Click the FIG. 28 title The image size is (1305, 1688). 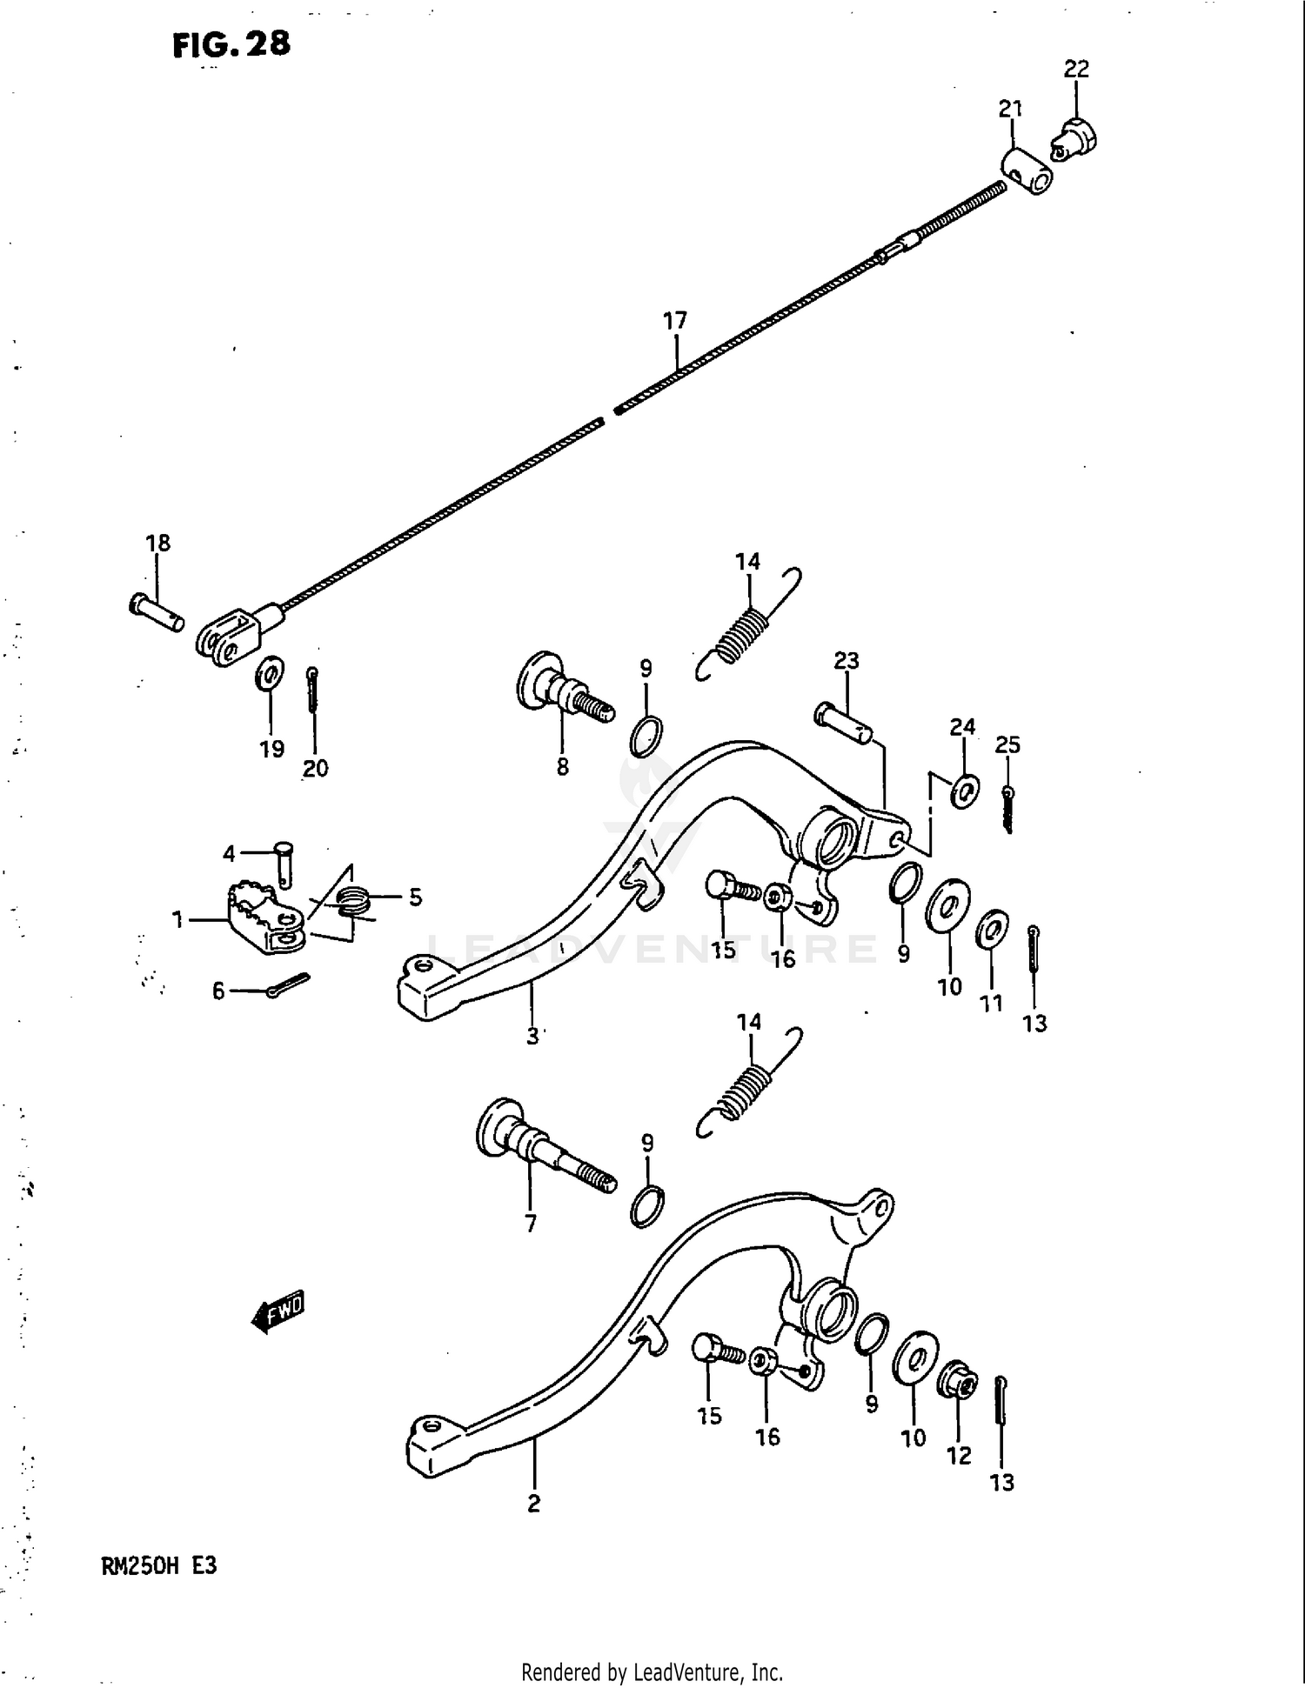[x=231, y=43]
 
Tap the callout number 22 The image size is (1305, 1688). [x=1076, y=69]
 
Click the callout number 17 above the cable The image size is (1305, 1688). [x=675, y=321]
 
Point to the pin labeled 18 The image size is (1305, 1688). [x=157, y=612]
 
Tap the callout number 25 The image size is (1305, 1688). [x=1007, y=744]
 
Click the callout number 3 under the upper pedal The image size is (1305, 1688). [x=532, y=1037]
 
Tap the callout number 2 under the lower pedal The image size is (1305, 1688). [x=533, y=1503]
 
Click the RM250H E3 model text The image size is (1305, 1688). [x=159, y=1566]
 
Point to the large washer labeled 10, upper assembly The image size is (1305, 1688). [x=947, y=907]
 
